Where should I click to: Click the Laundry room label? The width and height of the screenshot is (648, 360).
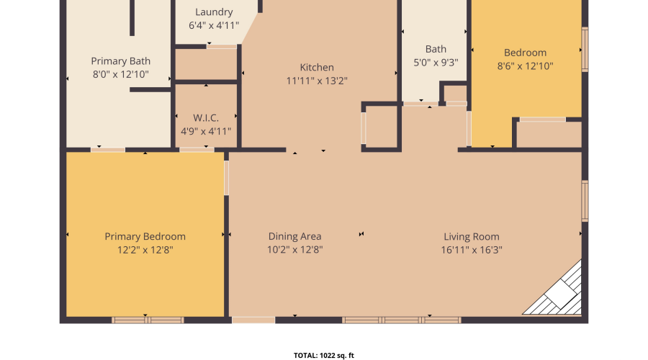(x=214, y=12)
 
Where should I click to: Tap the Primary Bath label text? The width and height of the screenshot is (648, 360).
(x=120, y=61)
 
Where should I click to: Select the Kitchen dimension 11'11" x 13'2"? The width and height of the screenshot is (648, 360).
(x=317, y=81)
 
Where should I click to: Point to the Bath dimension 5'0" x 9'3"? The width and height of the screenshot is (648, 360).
(x=436, y=63)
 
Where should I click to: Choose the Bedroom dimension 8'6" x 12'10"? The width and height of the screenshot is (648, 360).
(x=525, y=66)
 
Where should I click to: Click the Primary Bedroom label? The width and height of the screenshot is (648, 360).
(x=145, y=236)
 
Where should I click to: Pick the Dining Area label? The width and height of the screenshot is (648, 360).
(x=294, y=236)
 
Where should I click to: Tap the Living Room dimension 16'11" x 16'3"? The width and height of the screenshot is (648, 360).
(x=471, y=250)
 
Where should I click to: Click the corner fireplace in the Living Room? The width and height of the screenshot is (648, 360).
(x=558, y=293)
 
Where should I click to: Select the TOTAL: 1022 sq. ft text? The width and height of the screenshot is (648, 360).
(x=323, y=355)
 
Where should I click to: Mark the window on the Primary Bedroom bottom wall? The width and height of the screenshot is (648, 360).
(x=147, y=320)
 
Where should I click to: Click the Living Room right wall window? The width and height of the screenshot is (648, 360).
(x=585, y=201)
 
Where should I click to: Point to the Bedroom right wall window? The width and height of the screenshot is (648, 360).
(x=585, y=50)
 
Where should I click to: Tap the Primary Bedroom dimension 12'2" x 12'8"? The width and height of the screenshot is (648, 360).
(x=145, y=250)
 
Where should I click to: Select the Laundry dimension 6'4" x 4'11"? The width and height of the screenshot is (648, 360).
(x=214, y=25)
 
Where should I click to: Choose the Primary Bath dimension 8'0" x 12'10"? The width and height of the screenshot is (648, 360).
(x=120, y=75)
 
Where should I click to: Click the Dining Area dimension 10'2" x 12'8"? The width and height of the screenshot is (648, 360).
(x=294, y=250)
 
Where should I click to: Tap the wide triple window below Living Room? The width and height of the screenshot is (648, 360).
(x=401, y=320)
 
